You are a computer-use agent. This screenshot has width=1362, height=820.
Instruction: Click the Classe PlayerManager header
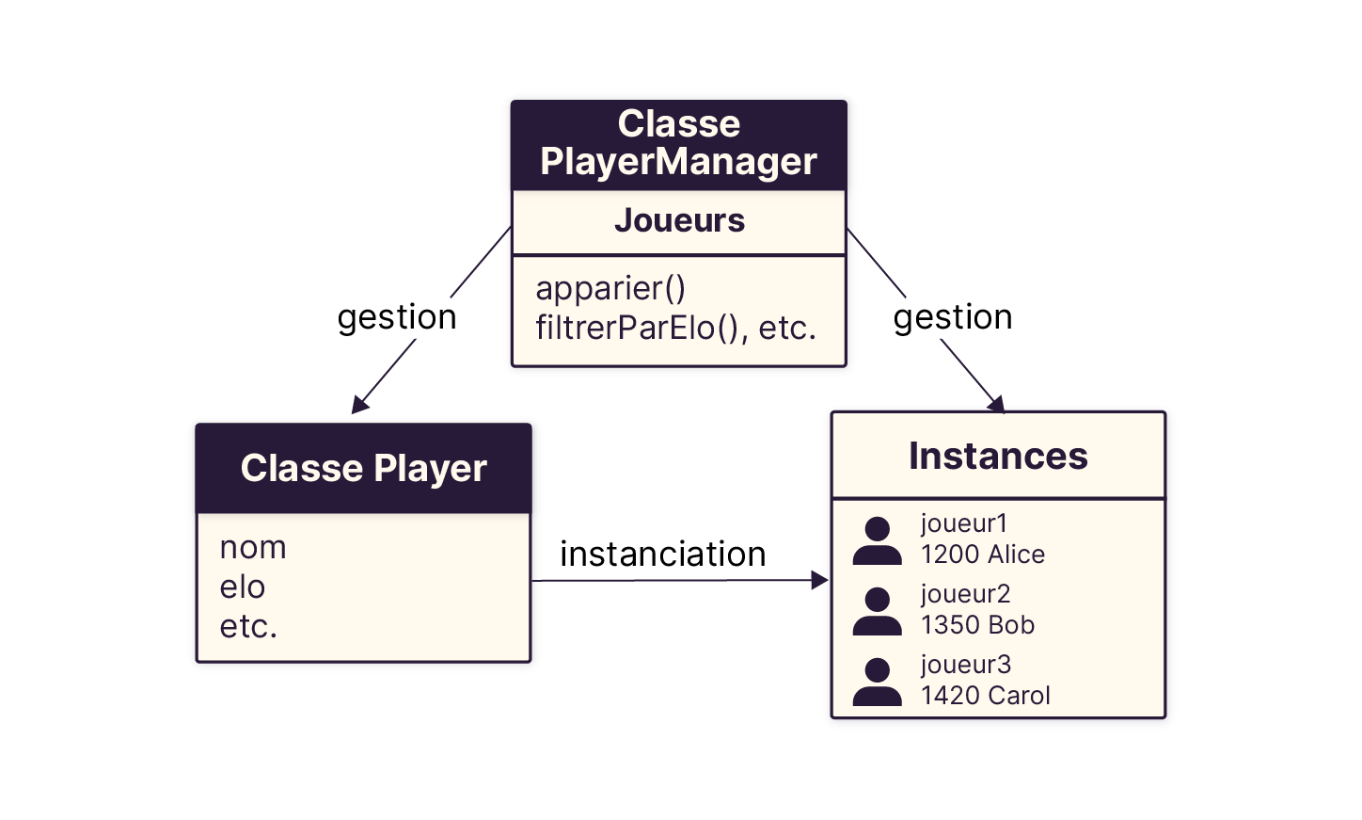pos(678,143)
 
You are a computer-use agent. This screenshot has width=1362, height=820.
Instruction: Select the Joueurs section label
pos(678,220)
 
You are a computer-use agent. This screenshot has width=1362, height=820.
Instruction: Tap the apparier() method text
pos(610,288)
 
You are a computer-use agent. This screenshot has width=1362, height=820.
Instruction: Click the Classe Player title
pos(363,468)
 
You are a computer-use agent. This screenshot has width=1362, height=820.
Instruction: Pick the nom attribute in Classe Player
pos(253,547)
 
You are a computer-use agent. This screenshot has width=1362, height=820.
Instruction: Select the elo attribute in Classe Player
pos(243,587)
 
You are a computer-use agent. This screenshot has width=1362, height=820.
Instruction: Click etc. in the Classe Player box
pos(248,626)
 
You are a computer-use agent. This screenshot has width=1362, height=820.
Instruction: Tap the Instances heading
pos(998,456)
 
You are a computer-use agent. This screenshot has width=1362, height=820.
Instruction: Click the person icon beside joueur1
pos(877,541)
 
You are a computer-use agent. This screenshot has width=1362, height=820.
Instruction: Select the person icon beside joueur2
pos(877,612)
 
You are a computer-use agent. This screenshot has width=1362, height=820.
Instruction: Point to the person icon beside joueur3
pos(877,683)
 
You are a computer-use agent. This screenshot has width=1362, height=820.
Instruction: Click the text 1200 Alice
pos(983,555)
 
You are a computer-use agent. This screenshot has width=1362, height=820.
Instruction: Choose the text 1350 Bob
pos(977,625)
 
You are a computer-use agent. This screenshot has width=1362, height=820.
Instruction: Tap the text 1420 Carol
pos(985,696)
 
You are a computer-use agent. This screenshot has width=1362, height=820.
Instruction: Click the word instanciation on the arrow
pos(662,555)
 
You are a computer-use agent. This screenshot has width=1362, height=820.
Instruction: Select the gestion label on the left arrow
pos(397,317)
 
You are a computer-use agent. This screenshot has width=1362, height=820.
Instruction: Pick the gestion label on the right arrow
pos(953,317)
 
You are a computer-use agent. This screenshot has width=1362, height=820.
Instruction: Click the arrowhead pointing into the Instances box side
pos(819,581)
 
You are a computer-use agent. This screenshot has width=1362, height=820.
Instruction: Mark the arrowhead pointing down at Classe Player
pos(358,405)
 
